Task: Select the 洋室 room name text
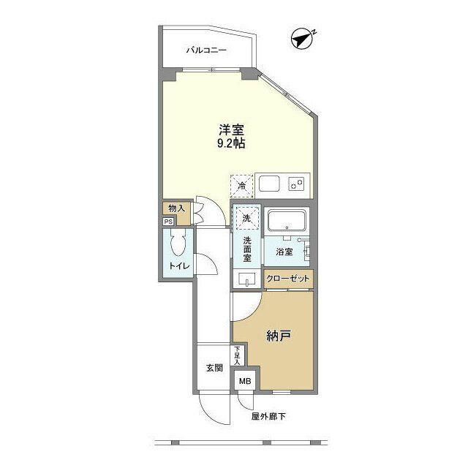click(230, 130)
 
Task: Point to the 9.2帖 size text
click(230, 145)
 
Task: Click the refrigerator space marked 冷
click(241, 185)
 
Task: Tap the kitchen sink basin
click(267, 183)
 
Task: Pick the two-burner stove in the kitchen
click(297, 184)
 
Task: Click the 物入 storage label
click(175, 208)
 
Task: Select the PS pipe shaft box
click(169, 222)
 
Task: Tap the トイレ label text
click(179, 266)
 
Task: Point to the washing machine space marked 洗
click(246, 217)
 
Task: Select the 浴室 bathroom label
click(285, 252)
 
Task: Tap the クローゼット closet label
click(288, 279)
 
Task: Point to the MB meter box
click(243, 381)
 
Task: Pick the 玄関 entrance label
click(214, 368)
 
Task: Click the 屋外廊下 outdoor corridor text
click(267, 418)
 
